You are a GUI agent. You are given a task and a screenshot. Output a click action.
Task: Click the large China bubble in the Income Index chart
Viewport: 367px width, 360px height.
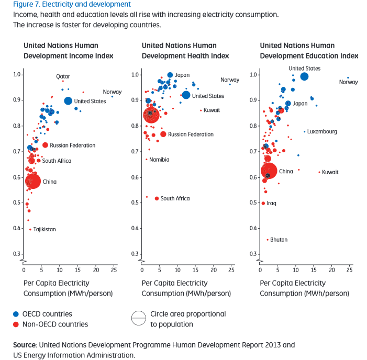pyautogui.click(x=33, y=182)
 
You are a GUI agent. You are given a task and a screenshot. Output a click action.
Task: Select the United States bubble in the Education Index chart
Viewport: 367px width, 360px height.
pyautogui.click(x=304, y=76)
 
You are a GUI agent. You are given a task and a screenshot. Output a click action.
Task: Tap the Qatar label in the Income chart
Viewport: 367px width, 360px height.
pyautogui.click(x=63, y=76)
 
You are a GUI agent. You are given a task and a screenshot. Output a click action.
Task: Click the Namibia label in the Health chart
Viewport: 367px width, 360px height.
pyautogui.click(x=159, y=159)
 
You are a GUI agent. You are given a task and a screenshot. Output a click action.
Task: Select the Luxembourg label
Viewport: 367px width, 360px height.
pyautogui.click(x=322, y=131)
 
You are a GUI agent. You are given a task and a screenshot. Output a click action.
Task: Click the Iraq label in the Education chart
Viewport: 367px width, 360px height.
pyautogui.click(x=271, y=203)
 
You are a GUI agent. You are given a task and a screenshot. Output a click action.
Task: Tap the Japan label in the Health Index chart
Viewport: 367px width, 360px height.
pyautogui.click(x=182, y=75)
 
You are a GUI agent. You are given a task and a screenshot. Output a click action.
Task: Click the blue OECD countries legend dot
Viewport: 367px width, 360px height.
pyautogui.click(x=16, y=314)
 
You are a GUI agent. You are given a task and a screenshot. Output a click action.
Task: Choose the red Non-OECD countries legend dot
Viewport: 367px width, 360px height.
pyautogui.click(x=16, y=324)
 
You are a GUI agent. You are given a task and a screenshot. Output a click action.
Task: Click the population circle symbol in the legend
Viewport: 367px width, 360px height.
pyautogui.click(x=138, y=319)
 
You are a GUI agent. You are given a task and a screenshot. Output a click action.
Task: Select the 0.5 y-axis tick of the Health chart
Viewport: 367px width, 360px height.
pyautogui.click(x=136, y=203)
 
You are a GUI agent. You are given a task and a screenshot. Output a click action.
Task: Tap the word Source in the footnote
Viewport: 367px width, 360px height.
pyautogui.click(x=24, y=345)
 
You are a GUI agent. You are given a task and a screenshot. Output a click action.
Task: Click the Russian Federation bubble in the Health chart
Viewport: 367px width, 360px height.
pyautogui.click(x=163, y=134)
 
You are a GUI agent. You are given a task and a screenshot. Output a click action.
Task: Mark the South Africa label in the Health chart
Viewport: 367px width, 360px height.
pyautogui.click(x=175, y=198)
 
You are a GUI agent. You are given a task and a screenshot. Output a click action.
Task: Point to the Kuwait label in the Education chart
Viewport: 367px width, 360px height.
pyautogui.click(x=330, y=172)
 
